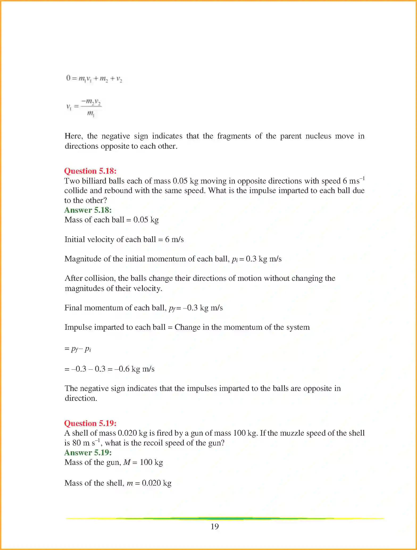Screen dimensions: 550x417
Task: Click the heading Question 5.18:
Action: click(90, 171)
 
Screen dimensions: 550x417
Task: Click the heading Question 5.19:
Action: click(90, 423)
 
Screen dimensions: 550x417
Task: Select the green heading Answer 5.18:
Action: click(88, 210)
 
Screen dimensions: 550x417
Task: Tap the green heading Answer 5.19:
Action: click(88, 452)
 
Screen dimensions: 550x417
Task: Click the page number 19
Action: click(215, 526)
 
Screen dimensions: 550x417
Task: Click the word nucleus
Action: click(318, 136)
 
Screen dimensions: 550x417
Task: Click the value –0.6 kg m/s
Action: click(135, 369)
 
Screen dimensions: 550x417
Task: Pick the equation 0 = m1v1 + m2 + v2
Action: click(94, 78)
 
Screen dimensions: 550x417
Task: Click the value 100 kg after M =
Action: click(151, 462)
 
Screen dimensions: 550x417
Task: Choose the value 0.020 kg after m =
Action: click(157, 483)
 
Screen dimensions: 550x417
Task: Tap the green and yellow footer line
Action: click(225, 518)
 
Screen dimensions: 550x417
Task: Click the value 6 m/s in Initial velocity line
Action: click(174, 239)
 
